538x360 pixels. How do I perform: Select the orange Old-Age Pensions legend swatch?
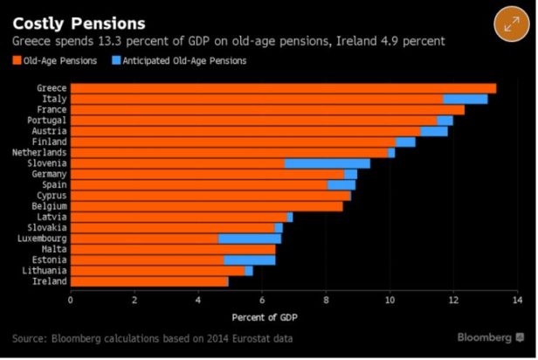pos(17,60)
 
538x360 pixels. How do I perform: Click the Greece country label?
pos(52,88)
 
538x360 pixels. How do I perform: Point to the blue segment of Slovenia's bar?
pos(327,163)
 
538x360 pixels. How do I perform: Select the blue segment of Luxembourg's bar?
pos(249,238)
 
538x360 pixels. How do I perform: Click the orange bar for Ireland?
pos(148,281)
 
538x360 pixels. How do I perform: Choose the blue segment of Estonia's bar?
pos(249,260)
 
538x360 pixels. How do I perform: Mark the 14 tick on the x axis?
pos(516,299)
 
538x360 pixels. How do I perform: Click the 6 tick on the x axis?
pos(261,299)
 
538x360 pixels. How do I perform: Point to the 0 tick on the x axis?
pos(70,299)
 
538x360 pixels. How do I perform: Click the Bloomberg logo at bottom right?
pos(490,337)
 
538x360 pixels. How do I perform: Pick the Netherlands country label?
pos(40,152)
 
